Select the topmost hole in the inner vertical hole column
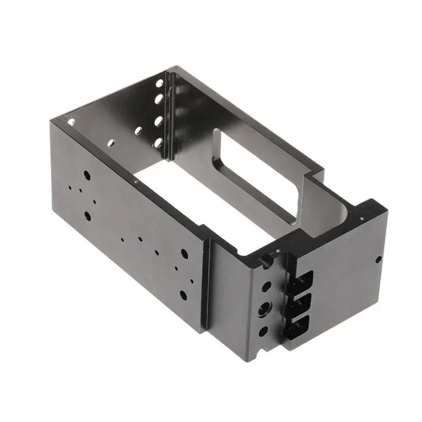click(159, 83)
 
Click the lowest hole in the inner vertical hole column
click(157, 141)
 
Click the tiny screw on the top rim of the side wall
click(136, 181)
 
